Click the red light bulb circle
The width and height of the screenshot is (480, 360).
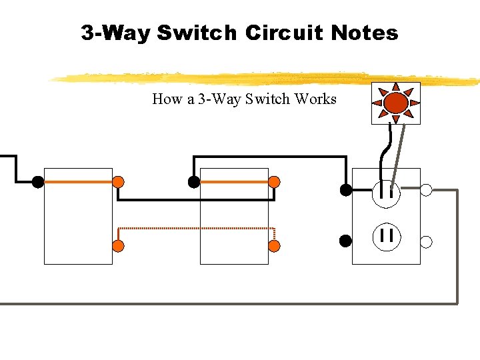pyautogui.click(x=396, y=103)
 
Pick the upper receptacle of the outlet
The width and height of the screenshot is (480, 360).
pyautogui.click(x=386, y=193)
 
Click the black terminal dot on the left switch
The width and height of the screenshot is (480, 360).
pyautogui.click(x=38, y=181)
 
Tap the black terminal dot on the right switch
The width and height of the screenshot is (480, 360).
pyautogui.click(x=193, y=181)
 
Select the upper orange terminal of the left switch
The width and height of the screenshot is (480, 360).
pyautogui.click(x=118, y=181)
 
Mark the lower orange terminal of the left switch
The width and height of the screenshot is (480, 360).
pyautogui.click(x=118, y=246)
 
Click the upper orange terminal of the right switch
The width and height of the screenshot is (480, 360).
pyautogui.click(x=274, y=181)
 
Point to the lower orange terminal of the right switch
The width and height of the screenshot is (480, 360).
pyautogui.click(x=274, y=246)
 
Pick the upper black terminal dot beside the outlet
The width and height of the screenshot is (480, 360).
pyautogui.click(x=345, y=190)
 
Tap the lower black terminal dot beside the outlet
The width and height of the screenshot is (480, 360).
pyautogui.click(x=345, y=241)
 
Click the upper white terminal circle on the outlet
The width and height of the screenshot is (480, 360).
pyautogui.click(x=427, y=190)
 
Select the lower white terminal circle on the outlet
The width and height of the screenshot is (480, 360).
pyautogui.click(x=427, y=241)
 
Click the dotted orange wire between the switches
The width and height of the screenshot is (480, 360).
pyautogui.click(x=197, y=229)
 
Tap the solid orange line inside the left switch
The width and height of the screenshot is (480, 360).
pyautogui.click(x=78, y=181)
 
